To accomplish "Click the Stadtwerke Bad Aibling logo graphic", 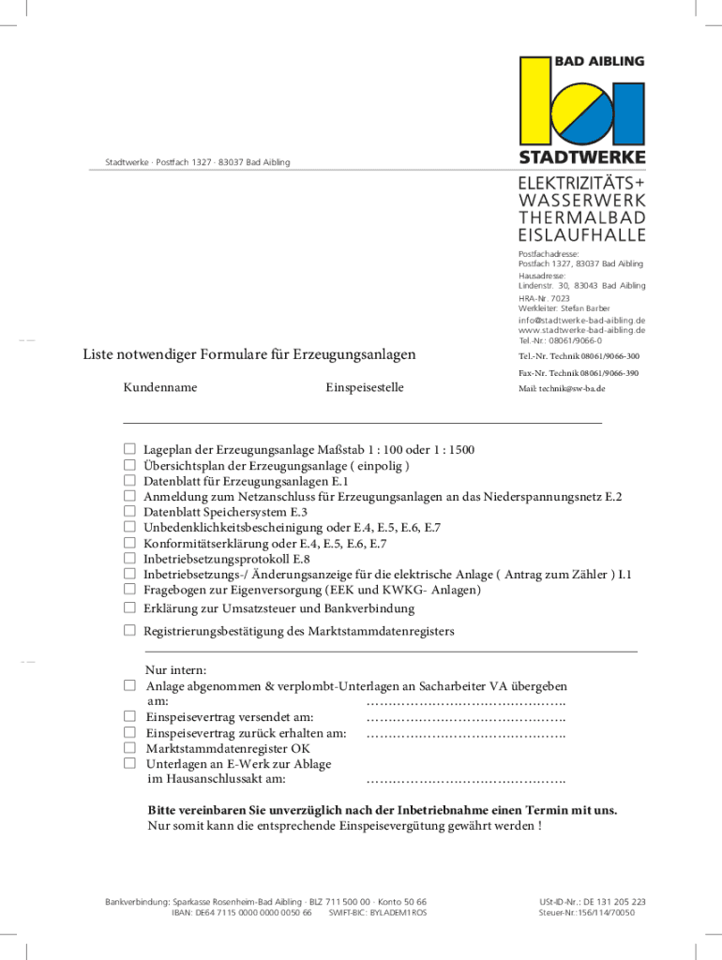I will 581,107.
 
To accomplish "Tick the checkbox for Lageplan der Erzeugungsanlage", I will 130,450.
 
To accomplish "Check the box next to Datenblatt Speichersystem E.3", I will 130,513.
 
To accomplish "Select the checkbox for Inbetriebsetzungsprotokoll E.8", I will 130,559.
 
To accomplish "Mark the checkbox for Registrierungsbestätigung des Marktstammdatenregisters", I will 130,631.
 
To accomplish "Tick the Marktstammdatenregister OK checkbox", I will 130,749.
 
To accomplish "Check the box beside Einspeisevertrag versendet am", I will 130,717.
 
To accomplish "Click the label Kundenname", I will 159,387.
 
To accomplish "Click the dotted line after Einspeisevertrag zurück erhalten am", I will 465,734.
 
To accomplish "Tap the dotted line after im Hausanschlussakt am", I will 465,779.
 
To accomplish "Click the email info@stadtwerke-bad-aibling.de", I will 581,320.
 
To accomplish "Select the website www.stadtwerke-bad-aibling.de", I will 581,330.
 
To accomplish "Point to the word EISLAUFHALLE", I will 581,234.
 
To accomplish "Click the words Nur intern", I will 176,670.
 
